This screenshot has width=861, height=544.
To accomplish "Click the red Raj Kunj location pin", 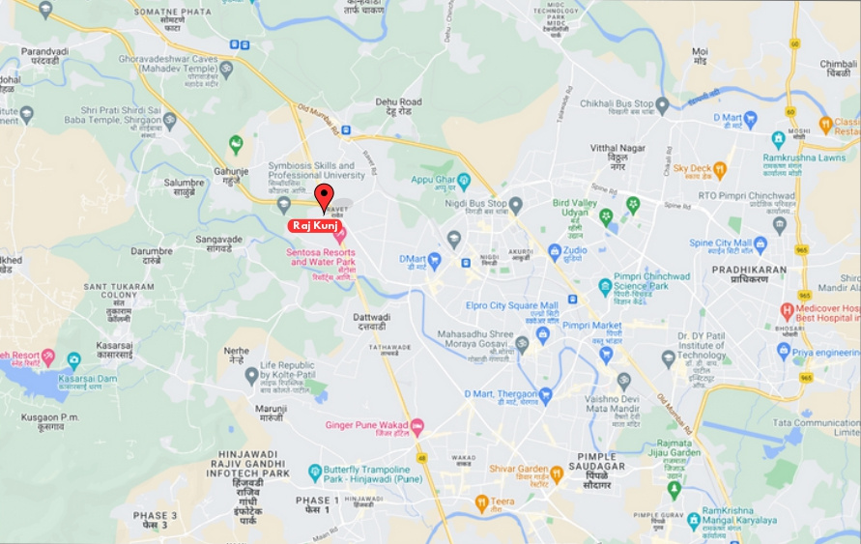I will tap(324, 195).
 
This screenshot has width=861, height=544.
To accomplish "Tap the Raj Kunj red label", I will tap(314, 225).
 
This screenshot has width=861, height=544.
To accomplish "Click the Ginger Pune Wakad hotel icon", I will tap(417, 426).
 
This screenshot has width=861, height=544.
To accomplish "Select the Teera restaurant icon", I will tap(481, 502).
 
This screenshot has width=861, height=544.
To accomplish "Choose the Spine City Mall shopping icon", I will tap(761, 243).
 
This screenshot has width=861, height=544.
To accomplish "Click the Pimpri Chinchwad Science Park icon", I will tap(605, 286).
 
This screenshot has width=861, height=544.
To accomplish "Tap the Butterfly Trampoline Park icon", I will tap(315, 472).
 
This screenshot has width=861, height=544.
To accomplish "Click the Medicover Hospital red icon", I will tap(788, 312).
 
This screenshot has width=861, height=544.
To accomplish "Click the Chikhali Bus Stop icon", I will tap(662, 104).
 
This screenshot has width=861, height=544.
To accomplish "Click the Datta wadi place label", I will tap(371, 321).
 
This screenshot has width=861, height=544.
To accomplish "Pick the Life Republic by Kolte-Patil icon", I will tap(251, 375).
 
